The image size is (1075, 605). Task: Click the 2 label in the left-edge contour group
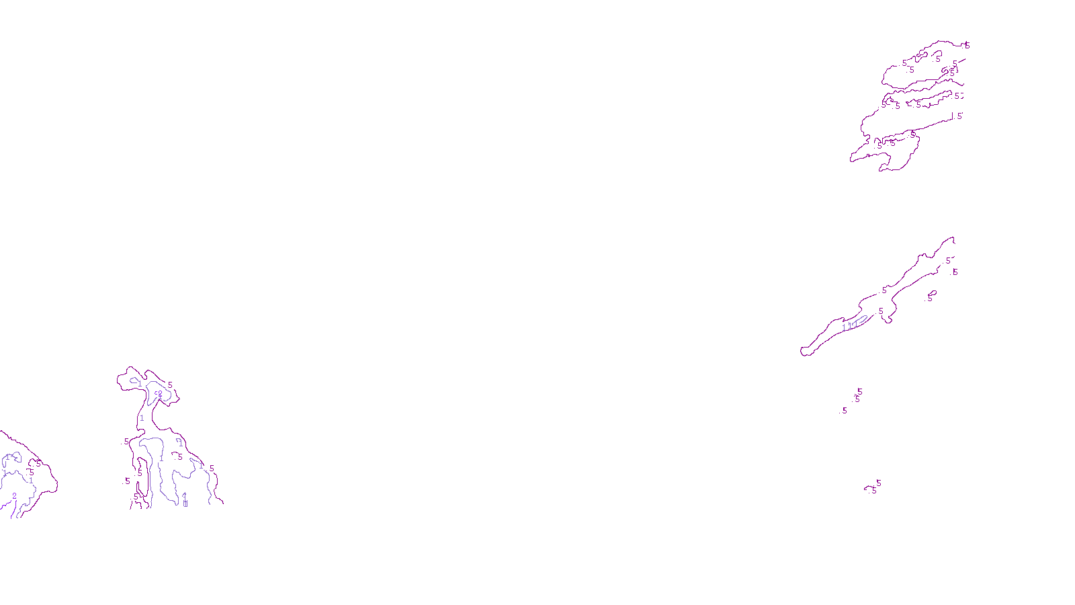(14, 496)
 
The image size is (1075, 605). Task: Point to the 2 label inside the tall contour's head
(159, 394)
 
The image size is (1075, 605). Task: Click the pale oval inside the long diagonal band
(858, 321)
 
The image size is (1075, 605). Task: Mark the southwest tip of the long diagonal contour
(803, 352)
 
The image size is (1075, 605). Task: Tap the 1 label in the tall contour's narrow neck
(142, 418)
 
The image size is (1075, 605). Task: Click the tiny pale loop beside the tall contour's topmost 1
(135, 380)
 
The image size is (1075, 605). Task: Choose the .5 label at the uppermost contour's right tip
(967, 46)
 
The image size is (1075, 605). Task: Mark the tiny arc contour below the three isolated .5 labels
(869, 487)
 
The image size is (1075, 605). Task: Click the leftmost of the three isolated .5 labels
(845, 410)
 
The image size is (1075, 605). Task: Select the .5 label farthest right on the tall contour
(212, 469)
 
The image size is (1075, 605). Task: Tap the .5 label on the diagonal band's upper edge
(885, 290)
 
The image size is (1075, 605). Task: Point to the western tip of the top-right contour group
(851, 160)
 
